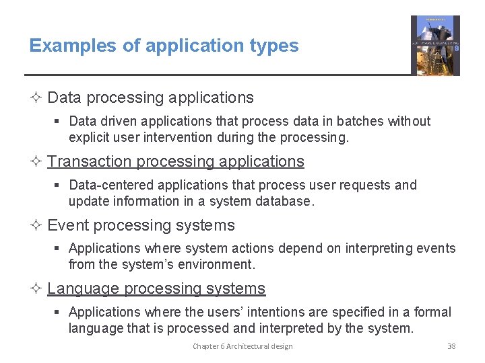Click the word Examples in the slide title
(63, 46)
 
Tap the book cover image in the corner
(435, 46)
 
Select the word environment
(218, 265)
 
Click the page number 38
(451, 346)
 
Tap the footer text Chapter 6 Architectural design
(243, 346)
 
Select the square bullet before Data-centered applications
(61, 186)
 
